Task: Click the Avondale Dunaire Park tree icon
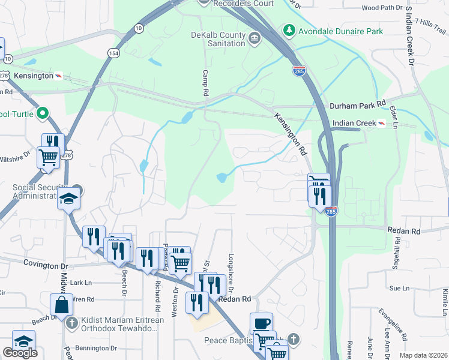click(289, 29)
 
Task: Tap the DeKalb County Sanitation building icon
click(255, 39)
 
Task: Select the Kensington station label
click(31, 76)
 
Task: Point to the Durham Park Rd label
click(357, 105)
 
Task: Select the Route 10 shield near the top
click(139, 28)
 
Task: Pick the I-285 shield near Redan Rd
click(332, 211)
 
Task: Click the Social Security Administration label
click(38, 191)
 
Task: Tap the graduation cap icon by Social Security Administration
click(68, 198)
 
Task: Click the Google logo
click(20, 353)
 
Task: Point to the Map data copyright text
click(424, 355)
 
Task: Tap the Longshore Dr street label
click(231, 268)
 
